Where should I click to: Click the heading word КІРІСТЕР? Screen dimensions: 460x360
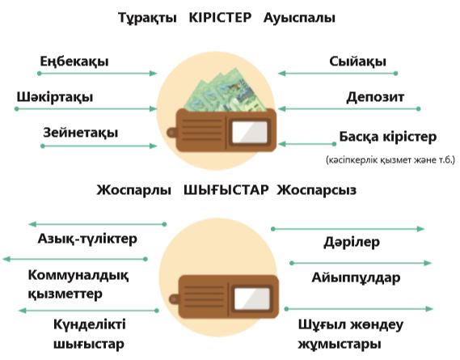click(220, 18)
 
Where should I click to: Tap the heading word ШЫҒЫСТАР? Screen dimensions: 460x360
click(226, 190)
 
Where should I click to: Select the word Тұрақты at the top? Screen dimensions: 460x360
click(147, 19)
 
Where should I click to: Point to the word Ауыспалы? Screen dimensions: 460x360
click(299, 19)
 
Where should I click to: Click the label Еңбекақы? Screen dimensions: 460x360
click(74, 62)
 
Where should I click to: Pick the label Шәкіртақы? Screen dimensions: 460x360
click(55, 98)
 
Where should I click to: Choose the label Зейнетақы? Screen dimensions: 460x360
click(81, 133)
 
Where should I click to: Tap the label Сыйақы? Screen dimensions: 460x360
click(357, 61)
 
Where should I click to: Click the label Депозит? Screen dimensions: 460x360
click(375, 97)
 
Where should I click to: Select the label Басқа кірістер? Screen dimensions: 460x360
click(388, 137)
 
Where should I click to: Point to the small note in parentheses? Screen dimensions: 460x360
click(390, 159)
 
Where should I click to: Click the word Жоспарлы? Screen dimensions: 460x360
click(133, 190)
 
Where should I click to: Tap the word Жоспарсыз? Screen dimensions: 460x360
click(317, 190)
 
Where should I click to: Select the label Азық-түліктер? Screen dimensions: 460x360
click(87, 239)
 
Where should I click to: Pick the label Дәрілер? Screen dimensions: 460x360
click(352, 242)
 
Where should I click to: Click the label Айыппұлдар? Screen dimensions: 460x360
click(356, 277)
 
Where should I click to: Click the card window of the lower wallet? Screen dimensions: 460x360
click(252, 299)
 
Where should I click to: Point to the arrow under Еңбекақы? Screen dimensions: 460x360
click(97, 74)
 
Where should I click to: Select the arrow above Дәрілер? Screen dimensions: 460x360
click(348, 229)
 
